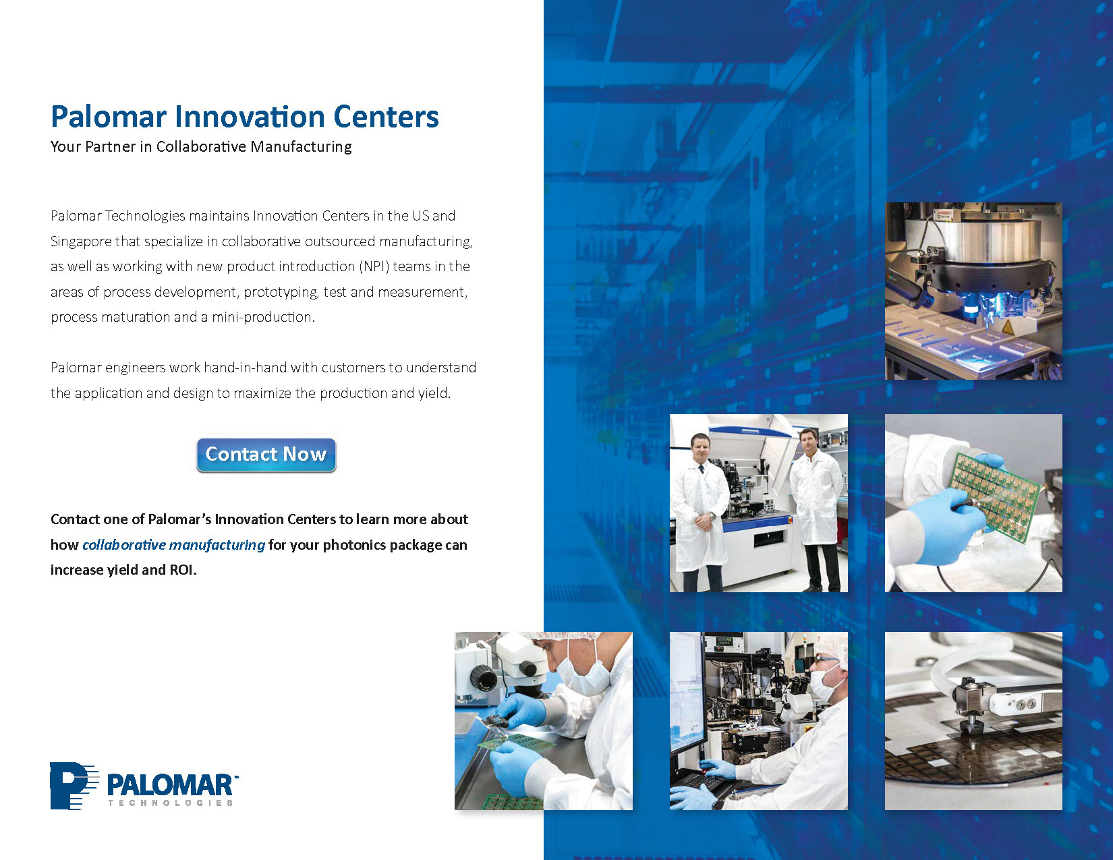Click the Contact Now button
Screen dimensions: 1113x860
[x=266, y=455]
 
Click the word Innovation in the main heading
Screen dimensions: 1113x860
[x=250, y=116]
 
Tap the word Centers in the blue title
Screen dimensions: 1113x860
[x=387, y=116]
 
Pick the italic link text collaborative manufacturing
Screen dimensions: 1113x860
[x=173, y=545]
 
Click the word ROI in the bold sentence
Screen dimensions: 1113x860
[x=183, y=570]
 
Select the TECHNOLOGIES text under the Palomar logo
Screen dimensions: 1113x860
[x=171, y=803]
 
